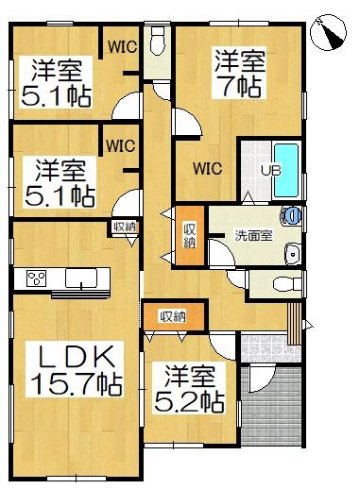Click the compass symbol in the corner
click(328, 32)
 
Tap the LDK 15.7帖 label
click(75, 369)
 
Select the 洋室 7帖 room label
click(239, 73)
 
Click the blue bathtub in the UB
click(286, 170)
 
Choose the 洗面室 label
click(254, 235)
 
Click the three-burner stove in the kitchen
click(37, 278)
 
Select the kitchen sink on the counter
click(81, 278)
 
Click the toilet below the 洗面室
click(286, 284)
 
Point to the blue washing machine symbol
click(292, 215)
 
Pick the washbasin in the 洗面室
click(293, 254)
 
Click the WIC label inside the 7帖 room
click(208, 169)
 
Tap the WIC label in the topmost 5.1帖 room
click(122, 47)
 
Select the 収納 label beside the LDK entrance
click(125, 227)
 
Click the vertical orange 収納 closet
click(190, 235)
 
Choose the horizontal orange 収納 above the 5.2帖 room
click(174, 317)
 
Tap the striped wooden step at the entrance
click(295, 324)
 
